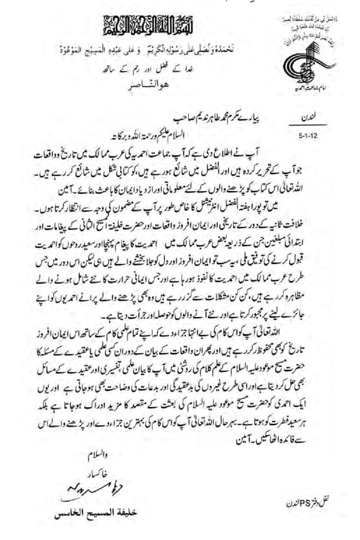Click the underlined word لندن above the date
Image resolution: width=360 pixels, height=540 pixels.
307,119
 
